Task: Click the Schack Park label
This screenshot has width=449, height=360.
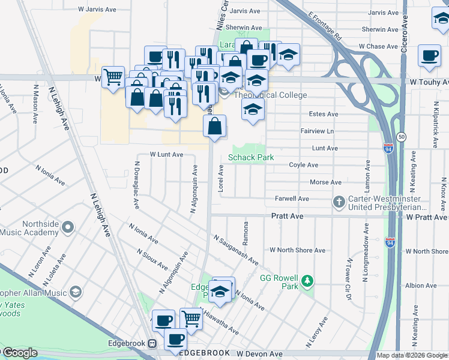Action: [x=251, y=158]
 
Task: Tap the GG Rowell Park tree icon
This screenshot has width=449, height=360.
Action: [x=307, y=281]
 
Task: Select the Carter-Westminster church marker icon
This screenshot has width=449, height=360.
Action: [x=339, y=202]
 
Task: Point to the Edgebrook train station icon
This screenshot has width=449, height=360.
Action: [x=152, y=344]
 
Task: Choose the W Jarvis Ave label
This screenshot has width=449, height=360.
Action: [x=97, y=10]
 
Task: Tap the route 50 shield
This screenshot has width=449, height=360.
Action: [x=401, y=137]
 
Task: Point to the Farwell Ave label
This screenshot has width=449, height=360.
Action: [x=292, y=199]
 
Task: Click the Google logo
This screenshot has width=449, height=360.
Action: [x=19, y=353]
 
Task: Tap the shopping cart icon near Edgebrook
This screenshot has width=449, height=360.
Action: [x=191, y=318]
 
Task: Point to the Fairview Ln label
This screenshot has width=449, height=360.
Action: [x=316, y=131]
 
